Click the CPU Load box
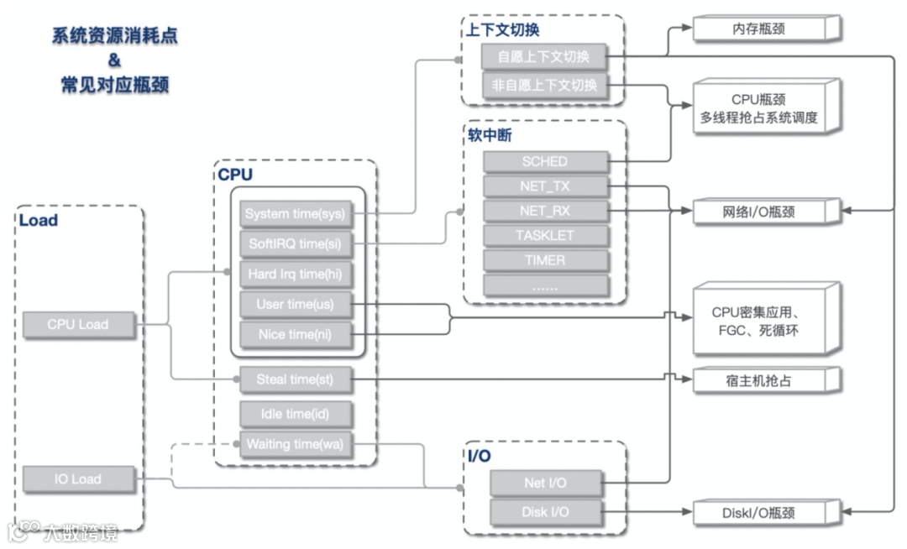79,325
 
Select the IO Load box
79,479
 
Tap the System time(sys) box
296,214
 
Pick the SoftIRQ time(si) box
296,244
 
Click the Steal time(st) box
296,379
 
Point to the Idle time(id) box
296,414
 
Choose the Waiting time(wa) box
296,444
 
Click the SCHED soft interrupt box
546,162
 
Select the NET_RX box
546,211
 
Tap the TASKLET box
546,236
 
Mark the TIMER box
546,260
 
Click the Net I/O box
546,484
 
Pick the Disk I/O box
546,513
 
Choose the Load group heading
38,220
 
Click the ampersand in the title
114,60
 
